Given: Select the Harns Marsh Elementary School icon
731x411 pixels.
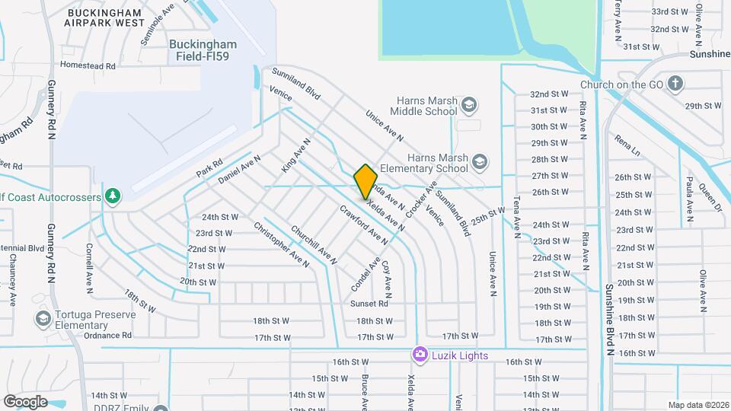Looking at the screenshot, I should [480, 161].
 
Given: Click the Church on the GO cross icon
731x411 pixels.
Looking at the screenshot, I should [675, 84].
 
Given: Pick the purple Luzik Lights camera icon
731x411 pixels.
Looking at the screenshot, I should [420, 355].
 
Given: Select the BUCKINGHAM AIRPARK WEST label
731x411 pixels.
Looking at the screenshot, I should [116, 18].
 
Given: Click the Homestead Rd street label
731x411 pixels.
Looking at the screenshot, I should [88, 66].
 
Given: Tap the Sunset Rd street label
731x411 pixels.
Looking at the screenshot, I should [369, 304].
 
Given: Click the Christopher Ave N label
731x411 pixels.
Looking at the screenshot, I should [281, 244].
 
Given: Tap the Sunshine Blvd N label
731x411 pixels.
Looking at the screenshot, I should [609, 320].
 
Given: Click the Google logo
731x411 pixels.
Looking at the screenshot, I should [26, 401].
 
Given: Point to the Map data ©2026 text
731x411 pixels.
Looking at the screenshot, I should [697, 405].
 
